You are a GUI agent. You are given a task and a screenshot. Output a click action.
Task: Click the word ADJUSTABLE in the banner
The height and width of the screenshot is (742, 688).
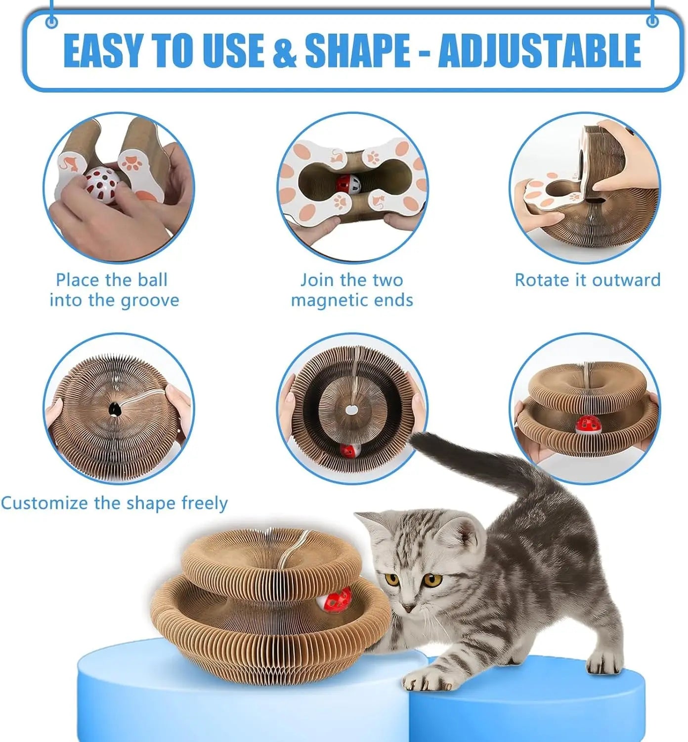pyautogui.click(x=539, y=51)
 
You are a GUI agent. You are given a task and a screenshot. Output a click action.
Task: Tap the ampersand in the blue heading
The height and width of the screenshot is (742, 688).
pyautogui.click(x=285, y=51)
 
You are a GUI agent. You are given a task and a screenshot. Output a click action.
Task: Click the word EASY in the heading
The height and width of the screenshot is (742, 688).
pyautogui.click(x=103, y=51)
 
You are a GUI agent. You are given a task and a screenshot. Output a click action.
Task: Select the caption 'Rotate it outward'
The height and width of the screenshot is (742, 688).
pyautogui.click(x=588, y=280)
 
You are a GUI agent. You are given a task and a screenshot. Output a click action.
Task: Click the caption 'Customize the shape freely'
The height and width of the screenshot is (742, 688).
pyautogui.click(x=114, y=503)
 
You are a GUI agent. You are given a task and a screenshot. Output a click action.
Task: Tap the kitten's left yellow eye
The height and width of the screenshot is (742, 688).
pyautogui.click(x=392, y=579)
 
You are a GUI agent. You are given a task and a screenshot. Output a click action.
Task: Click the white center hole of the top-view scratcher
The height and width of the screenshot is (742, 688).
pyautogui.click(x=350, y=410)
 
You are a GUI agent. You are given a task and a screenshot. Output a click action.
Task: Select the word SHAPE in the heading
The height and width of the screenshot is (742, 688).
pyautogui.click(x=357, y=51)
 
